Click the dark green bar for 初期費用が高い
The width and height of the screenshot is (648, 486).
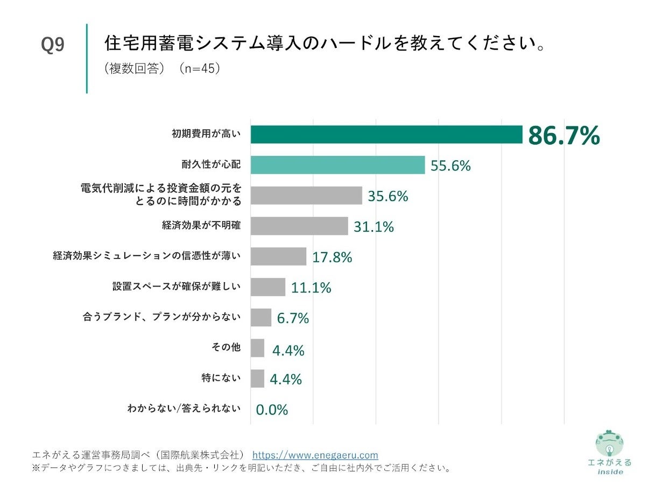[386, 134]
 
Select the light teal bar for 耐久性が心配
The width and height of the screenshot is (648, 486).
[337, 165]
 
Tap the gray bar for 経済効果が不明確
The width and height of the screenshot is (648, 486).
[299, 226]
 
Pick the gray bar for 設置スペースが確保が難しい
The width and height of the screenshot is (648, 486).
[268, 287]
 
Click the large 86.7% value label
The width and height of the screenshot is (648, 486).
[564, 136]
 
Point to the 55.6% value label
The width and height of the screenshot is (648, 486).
[450, 166]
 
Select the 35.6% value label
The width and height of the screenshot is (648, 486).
[388, 196]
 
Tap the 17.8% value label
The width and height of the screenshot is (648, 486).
[332, 258]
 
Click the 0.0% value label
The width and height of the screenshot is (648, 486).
[272, 410]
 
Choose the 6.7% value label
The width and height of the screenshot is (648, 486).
[293, 318]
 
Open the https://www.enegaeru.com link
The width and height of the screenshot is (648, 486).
[315, 455]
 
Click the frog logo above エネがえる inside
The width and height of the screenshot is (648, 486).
[609, 444]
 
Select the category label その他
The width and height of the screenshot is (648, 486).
[226, 348]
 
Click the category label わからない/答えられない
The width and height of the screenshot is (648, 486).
[184, 409]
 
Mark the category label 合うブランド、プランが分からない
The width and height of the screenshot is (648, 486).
[161, 317]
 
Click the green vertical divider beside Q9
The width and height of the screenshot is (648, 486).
[86, 58]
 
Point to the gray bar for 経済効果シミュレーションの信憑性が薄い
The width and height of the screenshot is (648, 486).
[278, 256]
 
